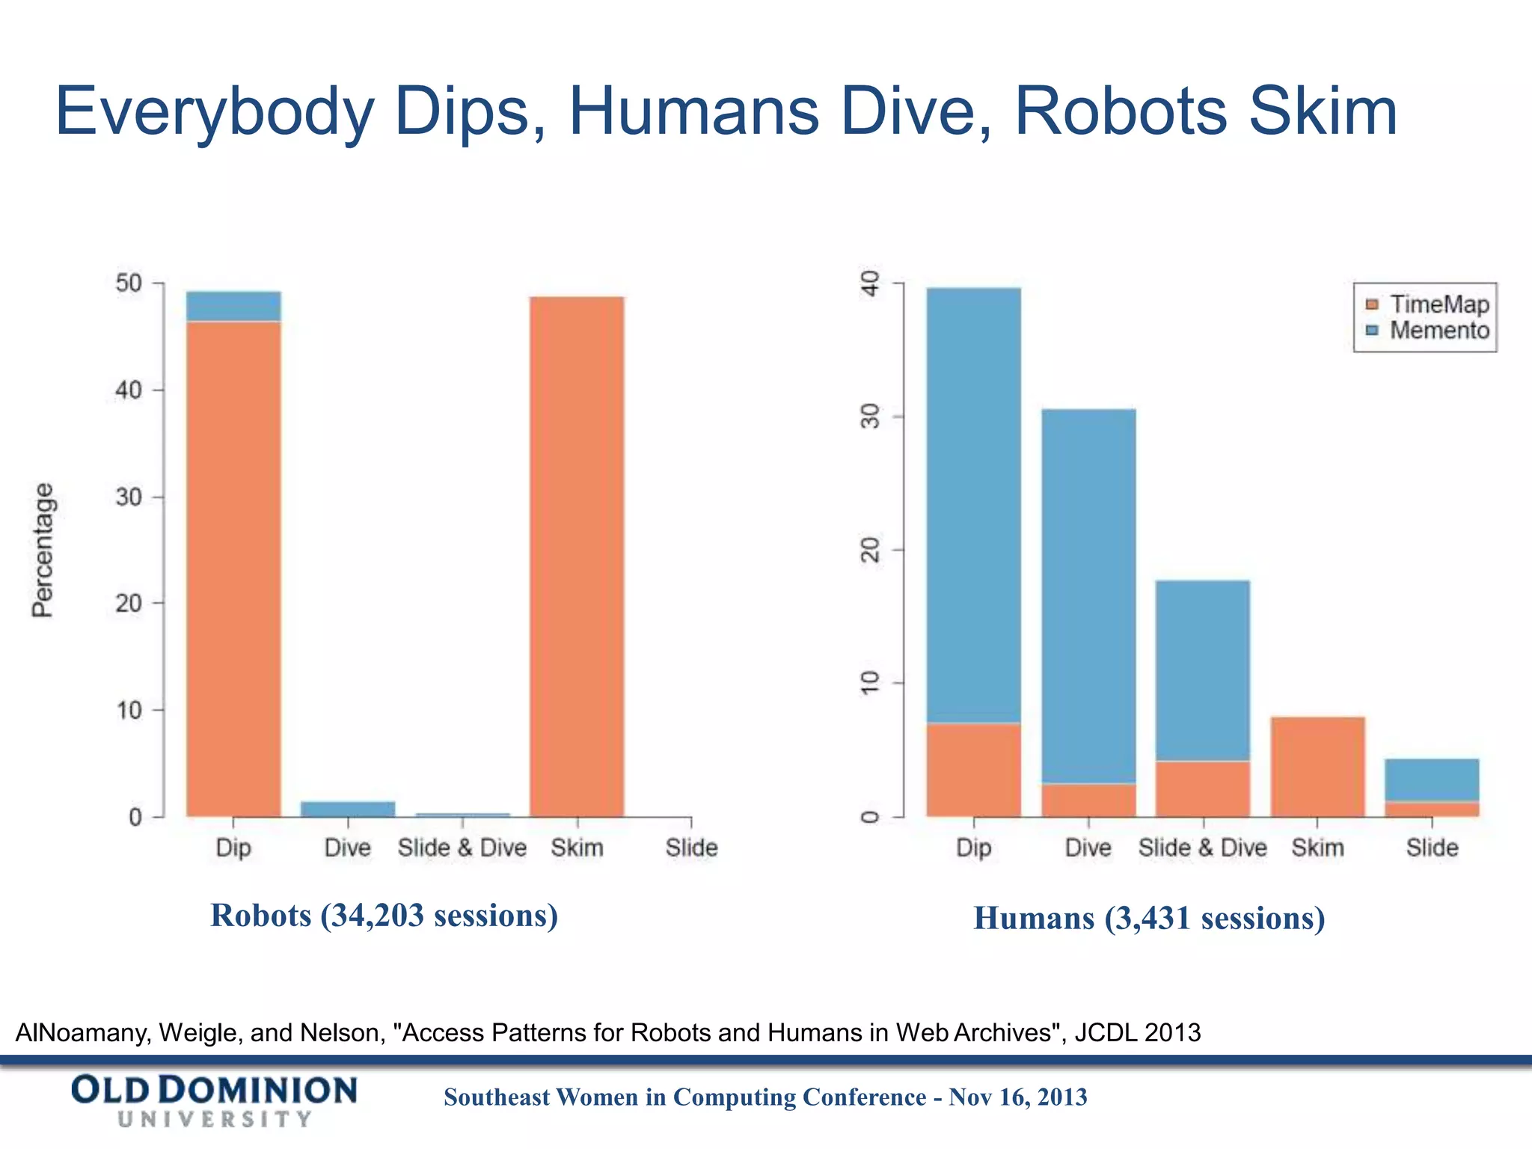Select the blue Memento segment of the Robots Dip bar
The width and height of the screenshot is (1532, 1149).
(233, 306)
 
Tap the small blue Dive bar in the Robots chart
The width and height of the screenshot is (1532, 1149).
(348, 809)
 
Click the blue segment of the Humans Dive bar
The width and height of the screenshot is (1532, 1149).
(1088, 595)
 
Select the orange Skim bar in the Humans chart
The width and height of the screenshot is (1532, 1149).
(1317, 766)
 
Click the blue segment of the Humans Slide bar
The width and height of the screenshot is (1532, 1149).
(1432, 779)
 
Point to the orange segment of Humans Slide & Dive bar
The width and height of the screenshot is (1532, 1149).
(1203, 788)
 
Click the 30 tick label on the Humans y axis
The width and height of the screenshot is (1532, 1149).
(871, 416)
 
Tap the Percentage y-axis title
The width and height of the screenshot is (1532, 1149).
(43, 550)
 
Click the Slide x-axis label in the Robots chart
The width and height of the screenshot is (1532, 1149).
(691, 848)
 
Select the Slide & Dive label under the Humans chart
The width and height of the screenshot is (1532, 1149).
(1202, 848)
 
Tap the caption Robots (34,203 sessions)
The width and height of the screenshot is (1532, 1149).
(384, 915)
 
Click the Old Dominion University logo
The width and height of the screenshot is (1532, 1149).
(214, 1100)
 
